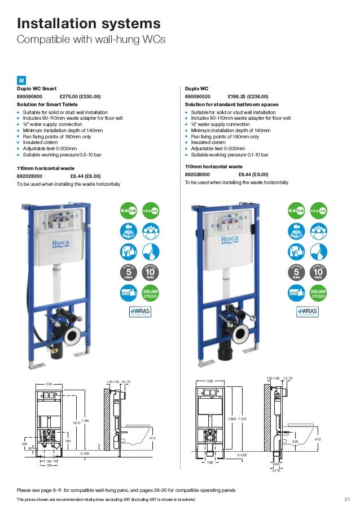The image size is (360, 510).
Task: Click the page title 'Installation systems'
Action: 89,24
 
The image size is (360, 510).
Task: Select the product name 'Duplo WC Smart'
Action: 36,89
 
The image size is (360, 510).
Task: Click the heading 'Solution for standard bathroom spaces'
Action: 231,104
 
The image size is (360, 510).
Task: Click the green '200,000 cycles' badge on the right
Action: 318,292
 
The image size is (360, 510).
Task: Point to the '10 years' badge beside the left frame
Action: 150,272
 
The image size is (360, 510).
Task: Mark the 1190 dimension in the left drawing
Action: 85,421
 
